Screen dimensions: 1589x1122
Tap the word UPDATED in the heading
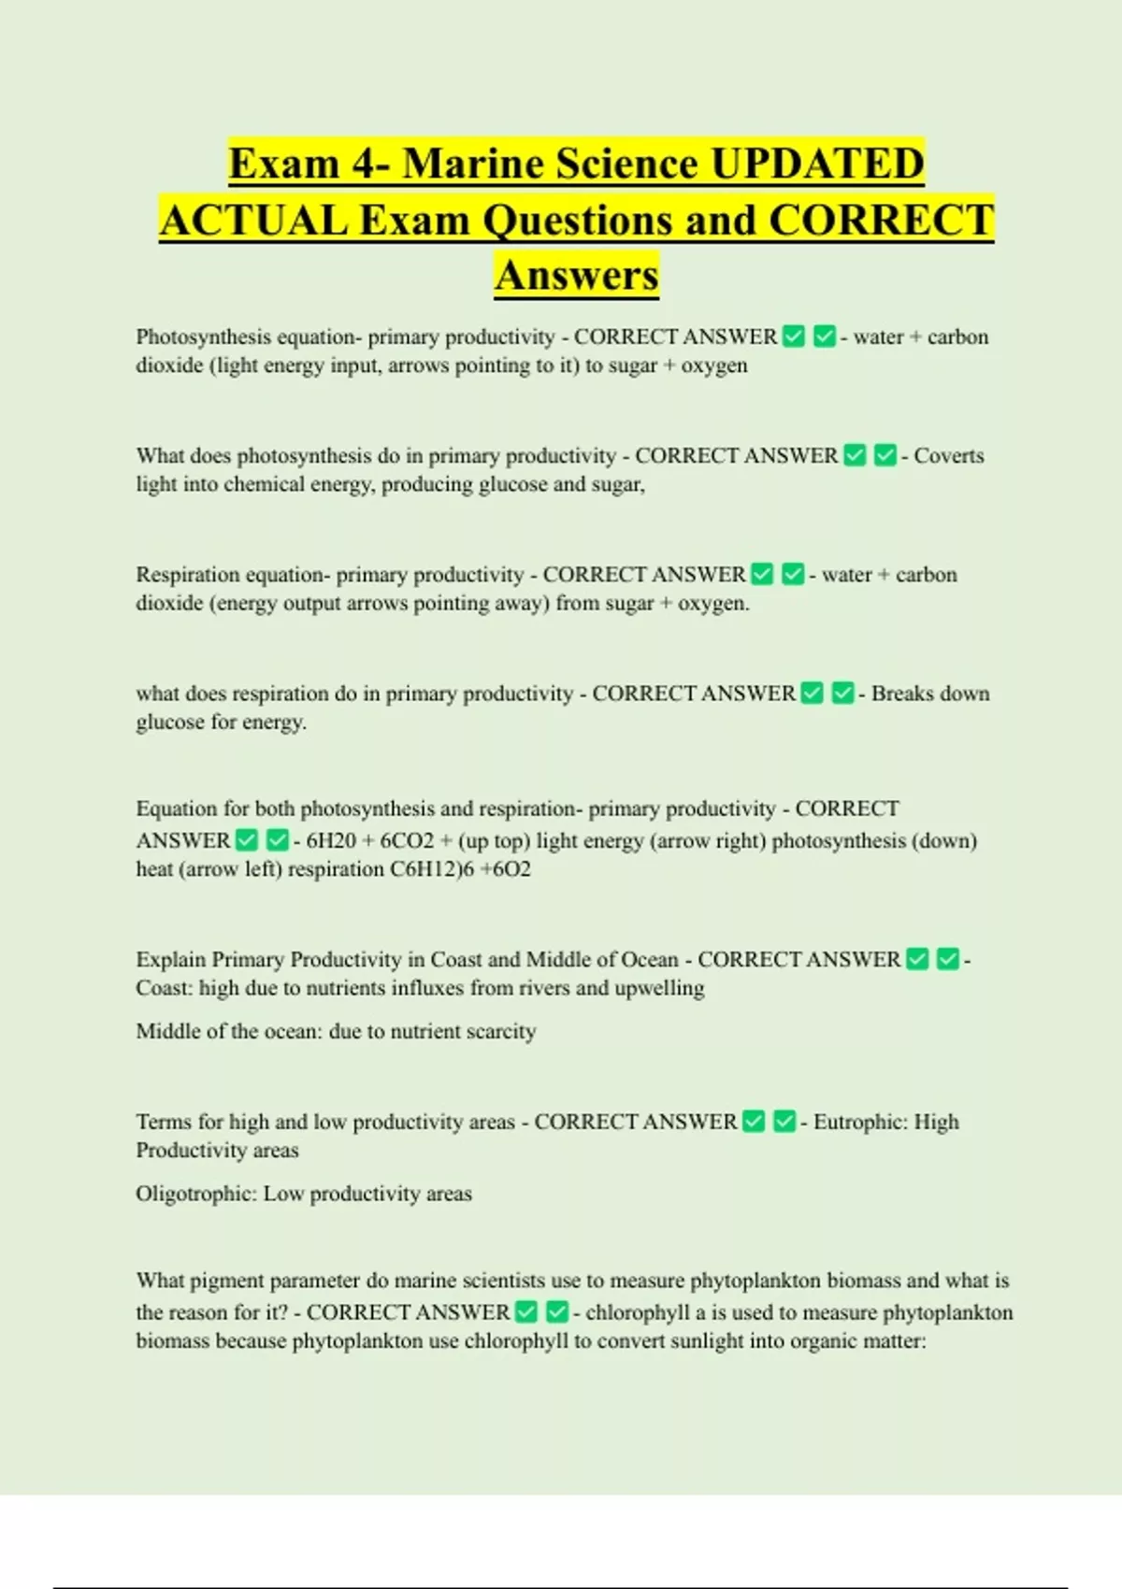(817, 164)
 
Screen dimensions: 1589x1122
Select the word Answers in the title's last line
(577, 276)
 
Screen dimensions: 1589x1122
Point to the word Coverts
(948, 455)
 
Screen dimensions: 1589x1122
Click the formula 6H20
(331, 840)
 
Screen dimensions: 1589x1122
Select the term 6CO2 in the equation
(407, 840)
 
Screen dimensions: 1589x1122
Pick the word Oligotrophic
(195, 1194)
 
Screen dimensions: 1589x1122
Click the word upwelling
(659, 988)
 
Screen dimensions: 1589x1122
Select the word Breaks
(898, 694)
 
